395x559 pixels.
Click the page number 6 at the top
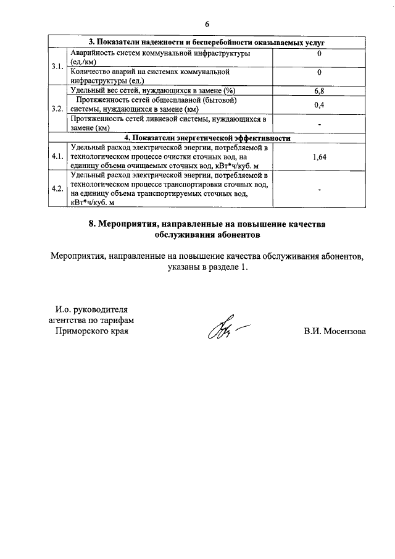tap(207, 23)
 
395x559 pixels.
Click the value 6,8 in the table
tap(319, 91)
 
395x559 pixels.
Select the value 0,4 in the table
tap(319, 105)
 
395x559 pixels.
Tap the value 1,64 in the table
tap(319, 157)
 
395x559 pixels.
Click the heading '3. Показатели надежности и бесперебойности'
tap(207, 42)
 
